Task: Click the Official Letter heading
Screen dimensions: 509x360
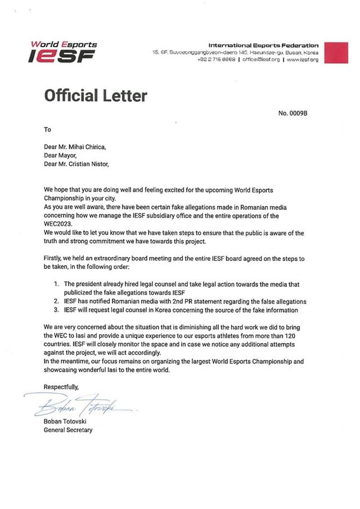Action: [96, 95]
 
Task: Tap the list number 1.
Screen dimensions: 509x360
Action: [56, 284]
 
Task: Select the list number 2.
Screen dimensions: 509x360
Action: [56, 301]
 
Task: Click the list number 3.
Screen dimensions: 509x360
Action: [56, 310]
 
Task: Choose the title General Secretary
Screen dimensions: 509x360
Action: [68, 430]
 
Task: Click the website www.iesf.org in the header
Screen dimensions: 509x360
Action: [303, 59]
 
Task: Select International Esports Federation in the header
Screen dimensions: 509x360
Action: [263, 45]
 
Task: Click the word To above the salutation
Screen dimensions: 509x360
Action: [48, 130]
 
